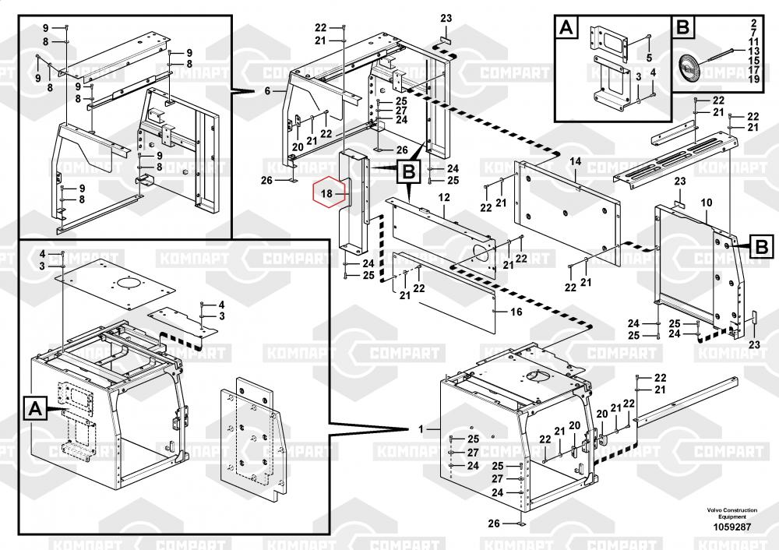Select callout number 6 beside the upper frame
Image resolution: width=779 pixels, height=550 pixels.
click(266, 91)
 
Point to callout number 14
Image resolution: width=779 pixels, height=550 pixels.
click(576, 161)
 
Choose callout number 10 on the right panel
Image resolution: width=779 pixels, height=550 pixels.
click(707, 203)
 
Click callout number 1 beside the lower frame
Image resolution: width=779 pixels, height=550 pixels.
click(421, 429)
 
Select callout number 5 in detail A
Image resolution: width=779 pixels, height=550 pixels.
click(650, 58)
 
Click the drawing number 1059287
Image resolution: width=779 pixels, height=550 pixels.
click(731, 527)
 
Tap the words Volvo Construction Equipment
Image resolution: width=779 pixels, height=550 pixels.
click(731, 513)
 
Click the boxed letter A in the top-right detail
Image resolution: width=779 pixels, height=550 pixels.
click(566, 29)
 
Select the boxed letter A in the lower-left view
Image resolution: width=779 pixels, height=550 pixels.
click(34, 407)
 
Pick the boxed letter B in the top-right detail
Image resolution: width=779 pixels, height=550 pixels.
click(682, 29)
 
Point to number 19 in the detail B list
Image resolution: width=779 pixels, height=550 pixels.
click(754, 79)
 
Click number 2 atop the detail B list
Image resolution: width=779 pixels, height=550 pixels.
click(754, 21)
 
